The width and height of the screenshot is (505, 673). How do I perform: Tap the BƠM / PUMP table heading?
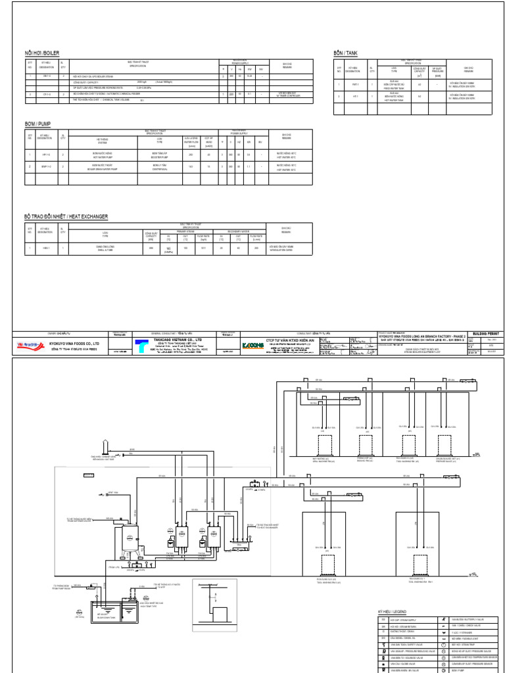click(x=39, y=124)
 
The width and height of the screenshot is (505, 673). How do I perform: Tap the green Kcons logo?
click(x=252, y=344)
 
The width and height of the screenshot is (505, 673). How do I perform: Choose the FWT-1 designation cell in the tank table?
click(x=356, y=85)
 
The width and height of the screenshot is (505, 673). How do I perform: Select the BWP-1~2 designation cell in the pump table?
click(x=45, y=167)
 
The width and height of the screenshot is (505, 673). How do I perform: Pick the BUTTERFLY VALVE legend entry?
click(x=469, y=620)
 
